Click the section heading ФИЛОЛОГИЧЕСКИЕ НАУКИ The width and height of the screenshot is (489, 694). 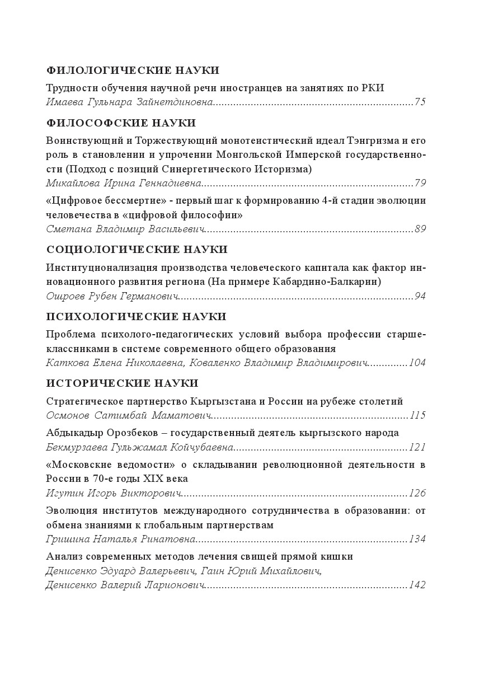coord(132,71)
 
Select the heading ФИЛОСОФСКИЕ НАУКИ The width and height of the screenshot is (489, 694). coord(121,123)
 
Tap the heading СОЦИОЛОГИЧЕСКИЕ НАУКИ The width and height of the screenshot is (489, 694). coord(137,250)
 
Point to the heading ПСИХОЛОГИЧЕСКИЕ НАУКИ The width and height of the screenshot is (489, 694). coord(136,317)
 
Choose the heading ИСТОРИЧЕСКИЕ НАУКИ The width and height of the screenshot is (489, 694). coord(122,383)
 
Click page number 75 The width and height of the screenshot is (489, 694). coord(420,102)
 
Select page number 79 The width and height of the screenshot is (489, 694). coord(420,183)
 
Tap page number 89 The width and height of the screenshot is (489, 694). coord(420,229)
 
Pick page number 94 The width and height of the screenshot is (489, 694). coord(420,296)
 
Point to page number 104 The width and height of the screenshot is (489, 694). coord(417,363)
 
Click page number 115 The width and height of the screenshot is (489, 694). coord(417,415)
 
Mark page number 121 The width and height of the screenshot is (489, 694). coord(417,447)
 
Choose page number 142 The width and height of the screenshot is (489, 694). coord(417,585)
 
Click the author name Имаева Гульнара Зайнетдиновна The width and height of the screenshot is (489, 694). coord(130,102)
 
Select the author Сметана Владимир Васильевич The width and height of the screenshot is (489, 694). coord(126,229)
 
